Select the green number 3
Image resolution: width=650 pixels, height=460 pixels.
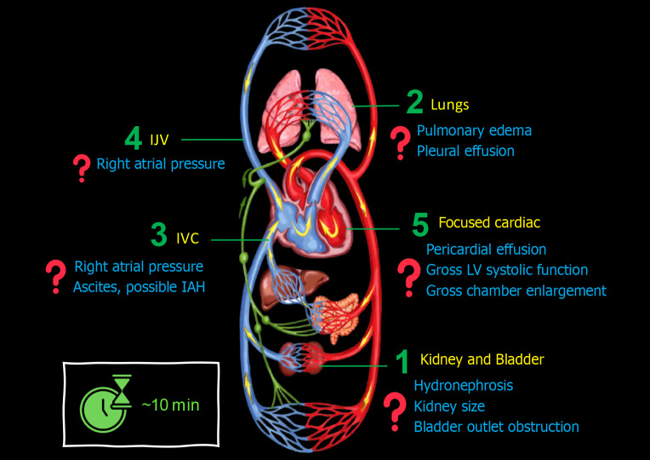[x=158, y=236]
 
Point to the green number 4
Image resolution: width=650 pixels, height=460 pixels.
[x=134, y=138]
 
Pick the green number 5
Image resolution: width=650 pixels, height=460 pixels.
[x=419, y=225]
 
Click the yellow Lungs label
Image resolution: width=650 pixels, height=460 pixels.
[x=449, y=105]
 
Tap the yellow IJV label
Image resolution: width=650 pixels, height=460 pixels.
[x=159, y=139]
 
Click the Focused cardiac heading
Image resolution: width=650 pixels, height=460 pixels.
[x=489, y=222]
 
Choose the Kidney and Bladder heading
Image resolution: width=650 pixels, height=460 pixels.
[x=482, y=359]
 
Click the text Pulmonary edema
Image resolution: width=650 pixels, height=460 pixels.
[x=474, y=130]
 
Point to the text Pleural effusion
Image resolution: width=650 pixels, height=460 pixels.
[x=465, y=151]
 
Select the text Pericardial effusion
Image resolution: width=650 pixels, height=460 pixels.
[x=486, y=250]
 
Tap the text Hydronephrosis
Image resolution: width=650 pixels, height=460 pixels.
[x=463, y=385]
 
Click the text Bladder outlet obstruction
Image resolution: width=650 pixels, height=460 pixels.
[x=496, y=427]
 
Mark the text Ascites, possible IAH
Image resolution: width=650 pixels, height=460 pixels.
[x=140, y=287]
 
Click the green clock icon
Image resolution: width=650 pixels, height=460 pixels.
[x=103, y=403]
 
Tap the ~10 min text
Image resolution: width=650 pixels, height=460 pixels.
[x=170, y=405]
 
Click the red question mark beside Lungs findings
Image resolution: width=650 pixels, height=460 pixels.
[x=398, y=142]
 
